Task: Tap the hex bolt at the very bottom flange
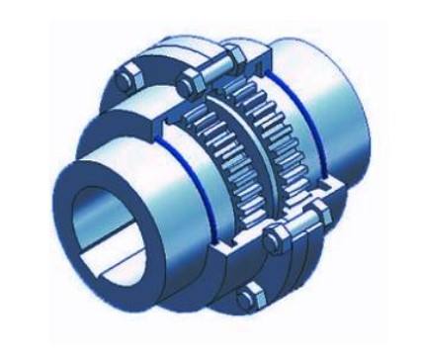[x=250, y=293]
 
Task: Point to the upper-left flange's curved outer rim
[x=109, y=99]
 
